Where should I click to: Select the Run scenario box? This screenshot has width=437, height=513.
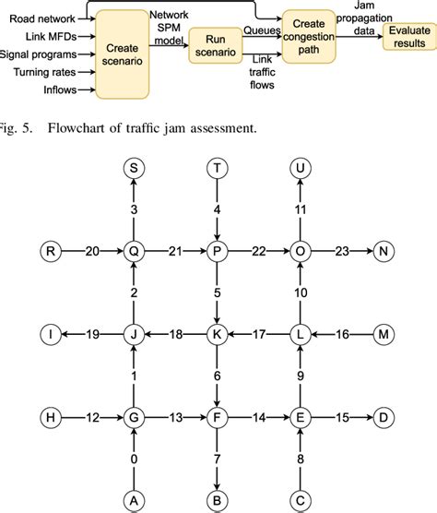click(214, 47)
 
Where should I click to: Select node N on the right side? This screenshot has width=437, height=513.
click(383, 250)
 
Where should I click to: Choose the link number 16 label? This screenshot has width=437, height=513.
click(341, 333)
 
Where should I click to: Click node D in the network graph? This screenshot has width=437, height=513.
click(383, 416)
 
